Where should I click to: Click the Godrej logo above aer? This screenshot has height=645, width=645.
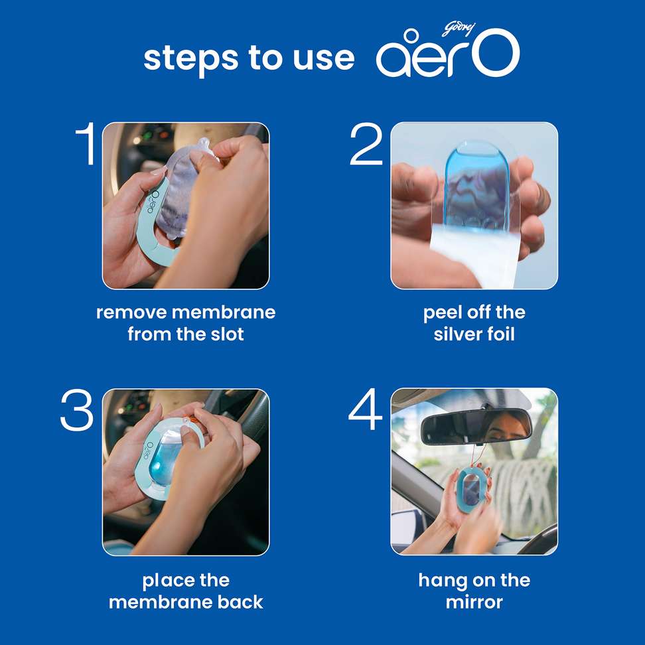click(459, 29)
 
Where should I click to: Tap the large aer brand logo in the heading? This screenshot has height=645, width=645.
click(448, 53)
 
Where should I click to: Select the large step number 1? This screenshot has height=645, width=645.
click(86, 143)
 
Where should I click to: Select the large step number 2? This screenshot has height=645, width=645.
click(366, 145)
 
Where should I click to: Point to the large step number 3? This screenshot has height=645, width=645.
click(77, 410)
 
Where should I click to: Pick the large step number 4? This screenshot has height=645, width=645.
click(365, 409)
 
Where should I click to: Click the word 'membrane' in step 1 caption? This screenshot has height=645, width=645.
click(224, 313)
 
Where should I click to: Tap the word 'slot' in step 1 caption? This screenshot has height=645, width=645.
click(227, 334)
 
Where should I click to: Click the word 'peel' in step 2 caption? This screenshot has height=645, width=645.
click(443, 313)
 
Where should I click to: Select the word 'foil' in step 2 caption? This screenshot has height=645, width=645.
click(501, 334)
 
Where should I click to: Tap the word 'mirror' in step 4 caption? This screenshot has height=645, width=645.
click(474, 603)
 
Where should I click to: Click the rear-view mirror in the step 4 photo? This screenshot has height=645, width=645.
click(476, 427)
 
